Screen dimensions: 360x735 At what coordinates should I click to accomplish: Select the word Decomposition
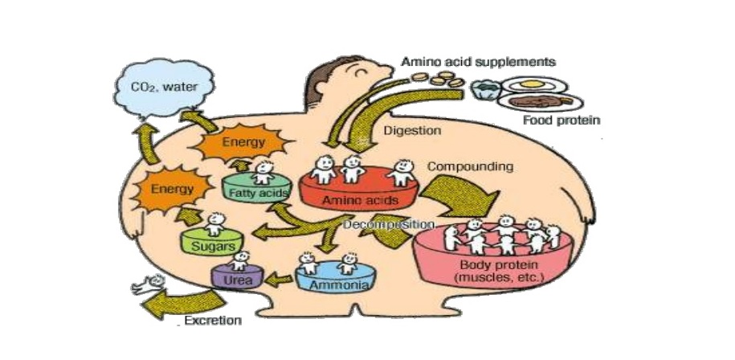(388, 225)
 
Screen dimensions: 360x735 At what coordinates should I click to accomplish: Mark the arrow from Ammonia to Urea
(279, 280)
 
